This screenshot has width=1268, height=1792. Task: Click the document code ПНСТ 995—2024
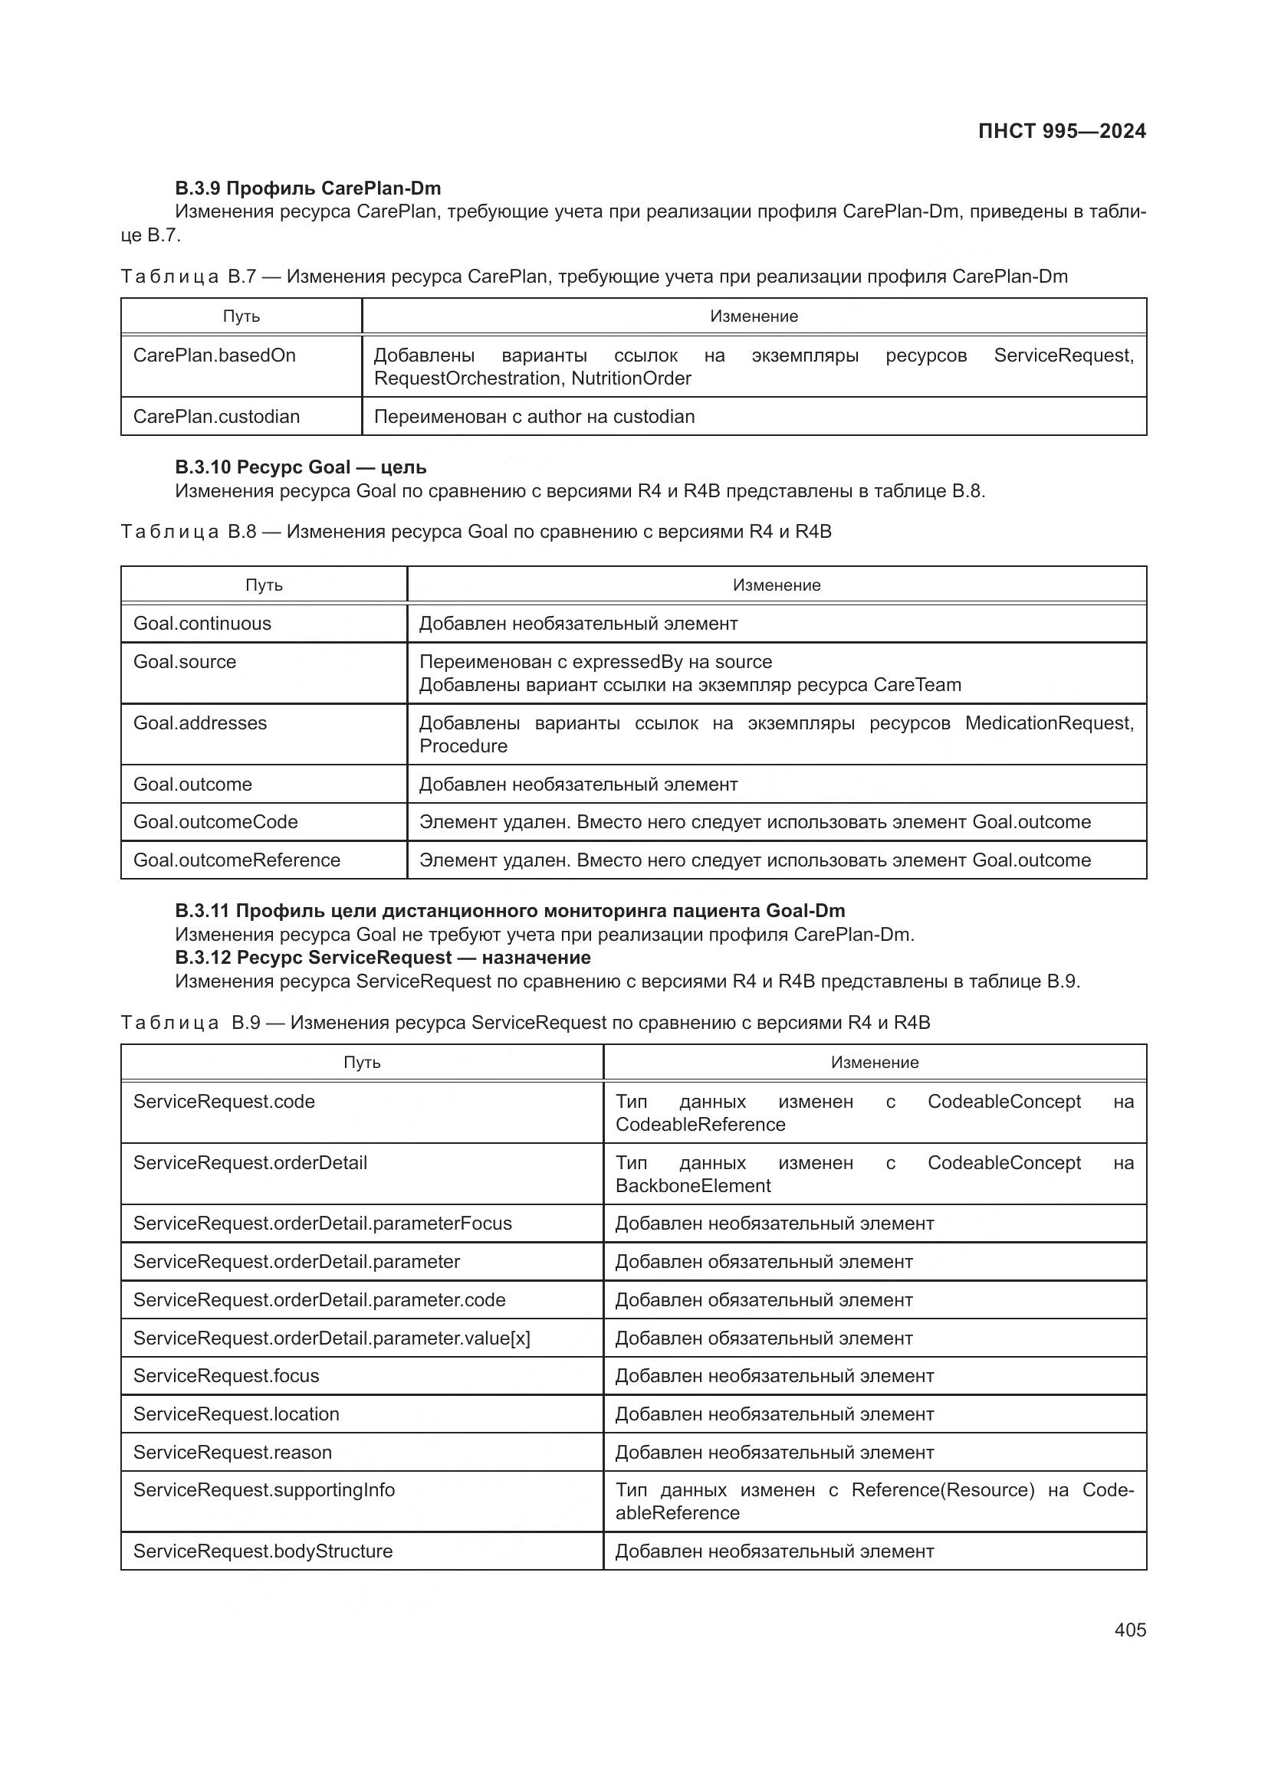(x=1061, y=131)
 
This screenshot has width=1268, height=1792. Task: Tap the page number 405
(x=1130, y=1630)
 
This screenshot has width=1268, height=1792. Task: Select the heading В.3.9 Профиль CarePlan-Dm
(x=307, y=188)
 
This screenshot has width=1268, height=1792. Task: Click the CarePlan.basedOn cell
(x=215, y=356)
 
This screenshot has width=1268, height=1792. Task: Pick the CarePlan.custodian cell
(x=216, y=417)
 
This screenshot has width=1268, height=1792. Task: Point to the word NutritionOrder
(x=631, y=378)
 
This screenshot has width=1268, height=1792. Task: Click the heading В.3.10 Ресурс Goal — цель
(x=301, y=467)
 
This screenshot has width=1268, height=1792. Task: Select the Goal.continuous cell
(x=202, y=624)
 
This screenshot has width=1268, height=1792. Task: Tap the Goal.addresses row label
(x=200, y=723)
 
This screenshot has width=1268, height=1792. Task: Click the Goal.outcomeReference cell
(x=237, y=860)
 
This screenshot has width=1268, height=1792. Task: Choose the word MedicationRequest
(x=1049, y=723)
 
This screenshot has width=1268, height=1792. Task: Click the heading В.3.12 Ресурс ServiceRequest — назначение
(x=383, y=958)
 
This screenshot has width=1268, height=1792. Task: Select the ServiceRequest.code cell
(x=224, y=1102)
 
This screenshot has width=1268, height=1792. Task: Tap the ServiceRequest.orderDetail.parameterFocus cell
(x=323, y=1224)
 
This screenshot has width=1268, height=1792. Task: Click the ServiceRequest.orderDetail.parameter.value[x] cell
(x=331, y=1338)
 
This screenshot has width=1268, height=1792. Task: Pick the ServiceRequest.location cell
(x=236, y=1414)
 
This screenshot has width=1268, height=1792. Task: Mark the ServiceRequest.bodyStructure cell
(x=262, y=1551)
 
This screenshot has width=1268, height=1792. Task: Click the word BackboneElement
(x=692, y=1186)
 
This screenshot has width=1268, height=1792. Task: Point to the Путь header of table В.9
(x=362, y=1063)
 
